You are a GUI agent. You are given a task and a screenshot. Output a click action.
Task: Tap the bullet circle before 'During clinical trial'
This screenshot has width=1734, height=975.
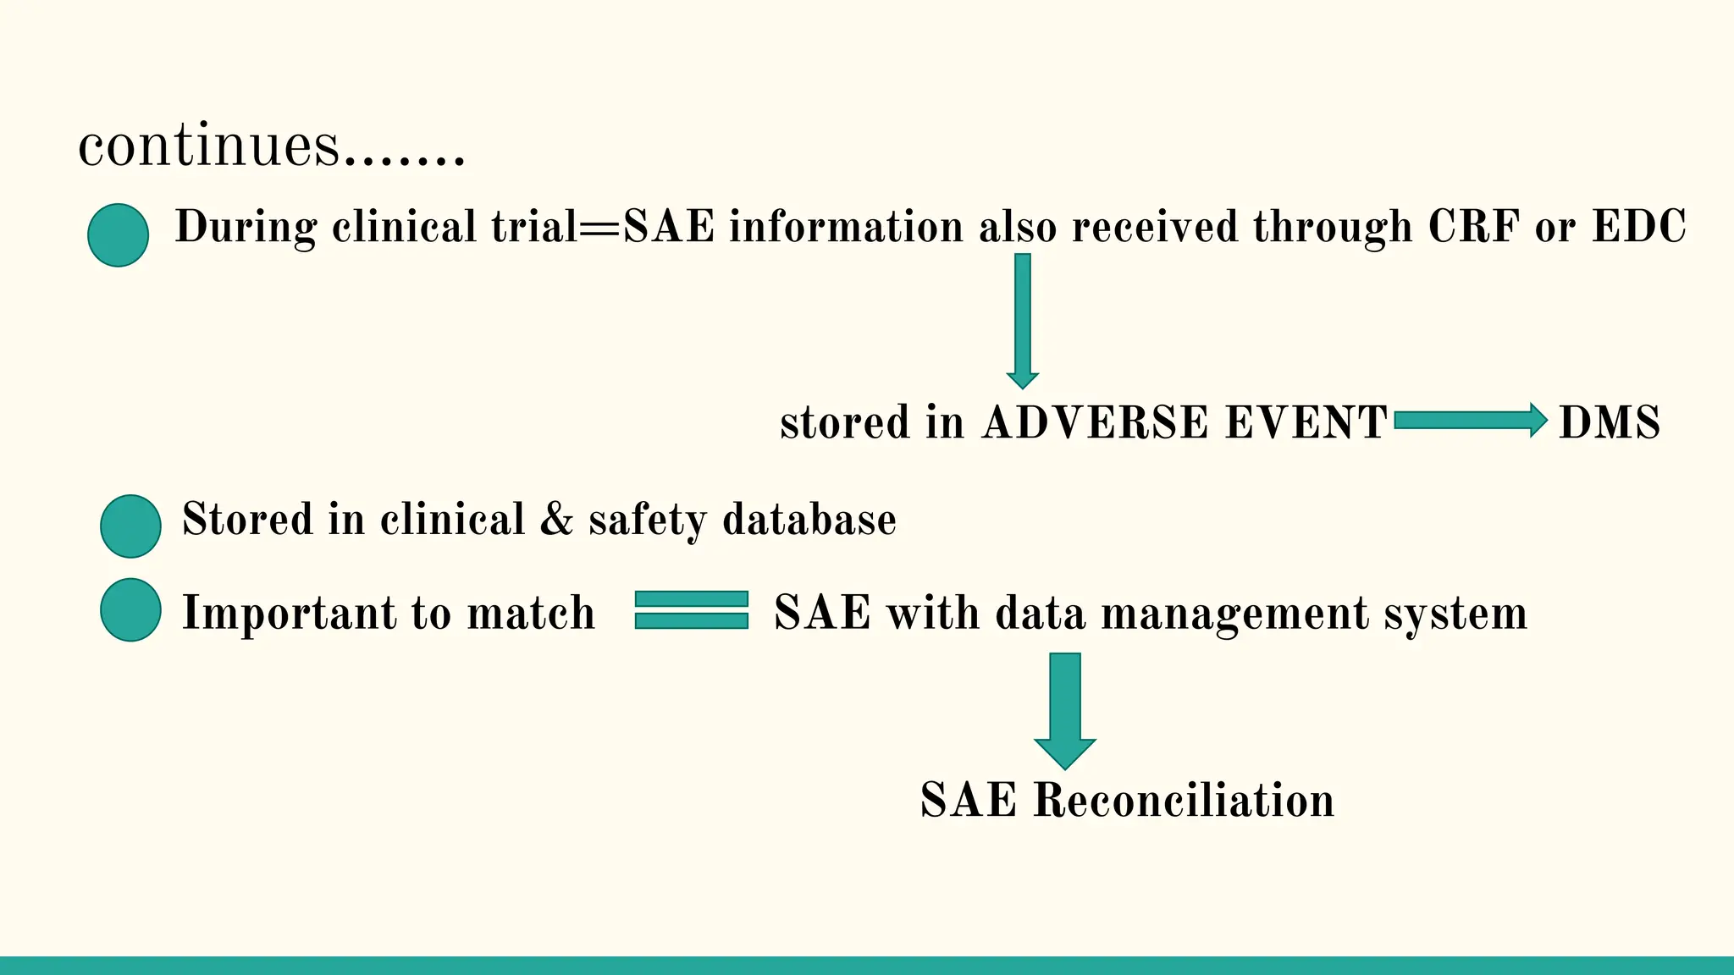coord(119,235)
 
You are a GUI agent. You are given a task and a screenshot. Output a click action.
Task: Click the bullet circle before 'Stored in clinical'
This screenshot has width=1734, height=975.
coord(130,526)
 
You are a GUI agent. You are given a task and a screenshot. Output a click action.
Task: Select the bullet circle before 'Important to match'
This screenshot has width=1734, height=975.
coord(130,610)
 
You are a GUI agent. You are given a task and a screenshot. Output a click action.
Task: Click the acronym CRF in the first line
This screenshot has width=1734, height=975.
coord(1473,227)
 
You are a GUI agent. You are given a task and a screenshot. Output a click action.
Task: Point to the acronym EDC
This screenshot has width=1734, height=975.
coord(1638,227)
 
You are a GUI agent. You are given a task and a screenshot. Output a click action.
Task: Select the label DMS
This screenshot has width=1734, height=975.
coord(1610,422)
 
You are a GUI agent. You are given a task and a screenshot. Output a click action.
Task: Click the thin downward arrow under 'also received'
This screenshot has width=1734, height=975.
coord(1023,320)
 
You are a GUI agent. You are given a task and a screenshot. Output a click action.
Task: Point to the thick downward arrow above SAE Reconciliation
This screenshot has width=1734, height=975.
coord(1065,709)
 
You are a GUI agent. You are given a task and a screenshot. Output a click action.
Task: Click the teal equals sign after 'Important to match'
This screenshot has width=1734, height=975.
coord(692,610)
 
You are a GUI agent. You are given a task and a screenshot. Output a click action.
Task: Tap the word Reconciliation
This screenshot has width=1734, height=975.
coord(1184,800)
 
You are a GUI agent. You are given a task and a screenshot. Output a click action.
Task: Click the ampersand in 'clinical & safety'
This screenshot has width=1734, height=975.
coord(556,519)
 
